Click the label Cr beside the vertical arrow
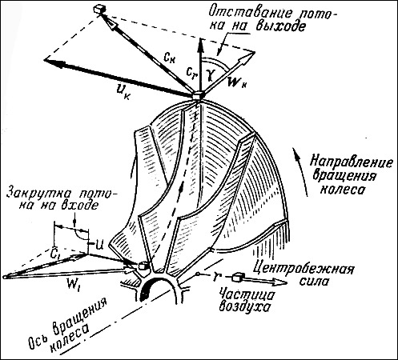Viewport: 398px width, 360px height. pos(192,72)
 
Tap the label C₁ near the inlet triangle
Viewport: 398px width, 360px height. pos(55,254)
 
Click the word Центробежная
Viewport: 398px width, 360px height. pos(303,268)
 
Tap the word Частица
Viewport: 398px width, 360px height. pos(247,294)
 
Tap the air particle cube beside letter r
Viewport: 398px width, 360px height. pos(237,278)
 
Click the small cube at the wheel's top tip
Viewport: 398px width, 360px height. pos(198,95)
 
